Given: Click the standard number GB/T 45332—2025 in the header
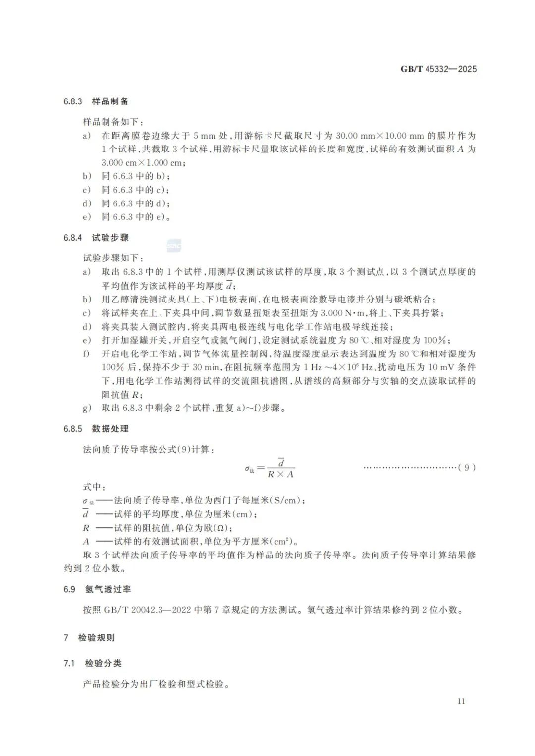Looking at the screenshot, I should coord(438,69).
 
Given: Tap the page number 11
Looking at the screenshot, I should coord(461,701).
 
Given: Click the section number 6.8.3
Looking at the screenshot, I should coord(72,101).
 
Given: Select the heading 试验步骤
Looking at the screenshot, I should coord(110,238).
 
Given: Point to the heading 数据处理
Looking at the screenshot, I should coord(110,429).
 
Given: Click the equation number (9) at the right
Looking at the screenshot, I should coord(467,467).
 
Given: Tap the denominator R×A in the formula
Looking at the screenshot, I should coord(280,474).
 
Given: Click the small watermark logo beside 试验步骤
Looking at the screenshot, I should coord(174,246).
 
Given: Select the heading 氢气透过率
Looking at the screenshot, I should coord(108,589).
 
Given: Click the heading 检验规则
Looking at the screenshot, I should coord(96,638).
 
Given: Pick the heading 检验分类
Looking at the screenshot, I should coord(103,663).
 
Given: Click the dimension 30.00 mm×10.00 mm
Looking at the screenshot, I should coord(380,136).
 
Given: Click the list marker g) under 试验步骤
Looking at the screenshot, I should coord(87,408).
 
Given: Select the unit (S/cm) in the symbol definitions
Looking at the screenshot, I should coord(286,501).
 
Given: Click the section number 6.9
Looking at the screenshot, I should coord(69,589).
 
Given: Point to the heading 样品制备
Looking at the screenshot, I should coord(110,101).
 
